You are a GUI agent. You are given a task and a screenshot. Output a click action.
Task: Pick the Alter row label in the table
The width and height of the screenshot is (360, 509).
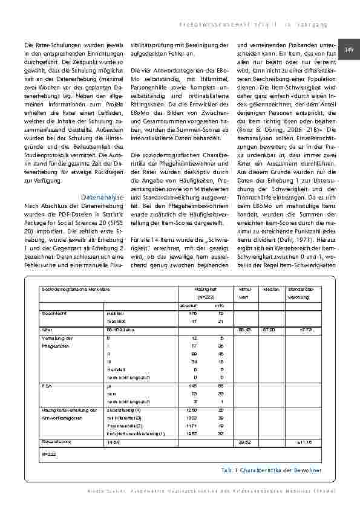45,330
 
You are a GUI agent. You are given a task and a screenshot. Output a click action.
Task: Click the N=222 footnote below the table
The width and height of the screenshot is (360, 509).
48,453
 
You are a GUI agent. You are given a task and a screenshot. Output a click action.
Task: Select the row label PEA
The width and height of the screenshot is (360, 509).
45,384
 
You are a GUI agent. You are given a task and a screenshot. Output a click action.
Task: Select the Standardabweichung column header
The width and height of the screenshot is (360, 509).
301,293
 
